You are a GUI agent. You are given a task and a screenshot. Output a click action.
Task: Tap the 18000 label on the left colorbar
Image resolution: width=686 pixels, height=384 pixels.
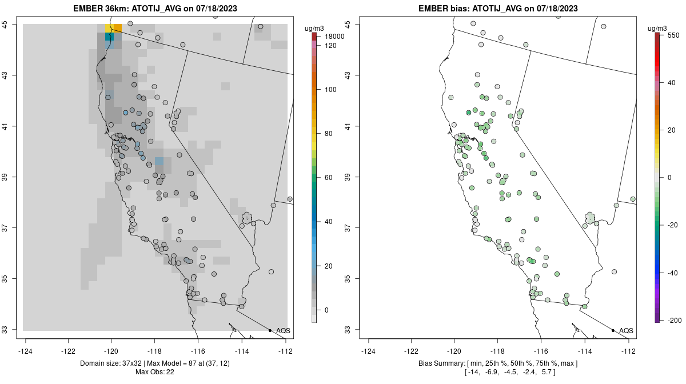coord(333,37)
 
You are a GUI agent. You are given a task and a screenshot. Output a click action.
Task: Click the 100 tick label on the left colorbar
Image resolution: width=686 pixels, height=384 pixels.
coord(330,90)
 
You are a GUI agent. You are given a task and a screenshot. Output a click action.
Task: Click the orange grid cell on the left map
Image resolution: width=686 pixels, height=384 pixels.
coord(117,28)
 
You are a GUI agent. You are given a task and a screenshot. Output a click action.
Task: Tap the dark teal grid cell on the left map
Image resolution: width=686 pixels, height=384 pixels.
coord(109,37)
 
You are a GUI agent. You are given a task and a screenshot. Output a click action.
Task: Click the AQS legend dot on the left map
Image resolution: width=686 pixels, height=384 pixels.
coord(270,330)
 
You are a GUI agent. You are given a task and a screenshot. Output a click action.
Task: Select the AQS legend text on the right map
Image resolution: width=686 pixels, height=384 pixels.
coord(626,331)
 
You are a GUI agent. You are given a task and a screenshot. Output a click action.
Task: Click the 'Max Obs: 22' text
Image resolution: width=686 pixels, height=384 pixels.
coord(155,372)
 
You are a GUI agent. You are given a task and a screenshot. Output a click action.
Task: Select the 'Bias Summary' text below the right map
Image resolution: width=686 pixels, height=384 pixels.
coord(440,363)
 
